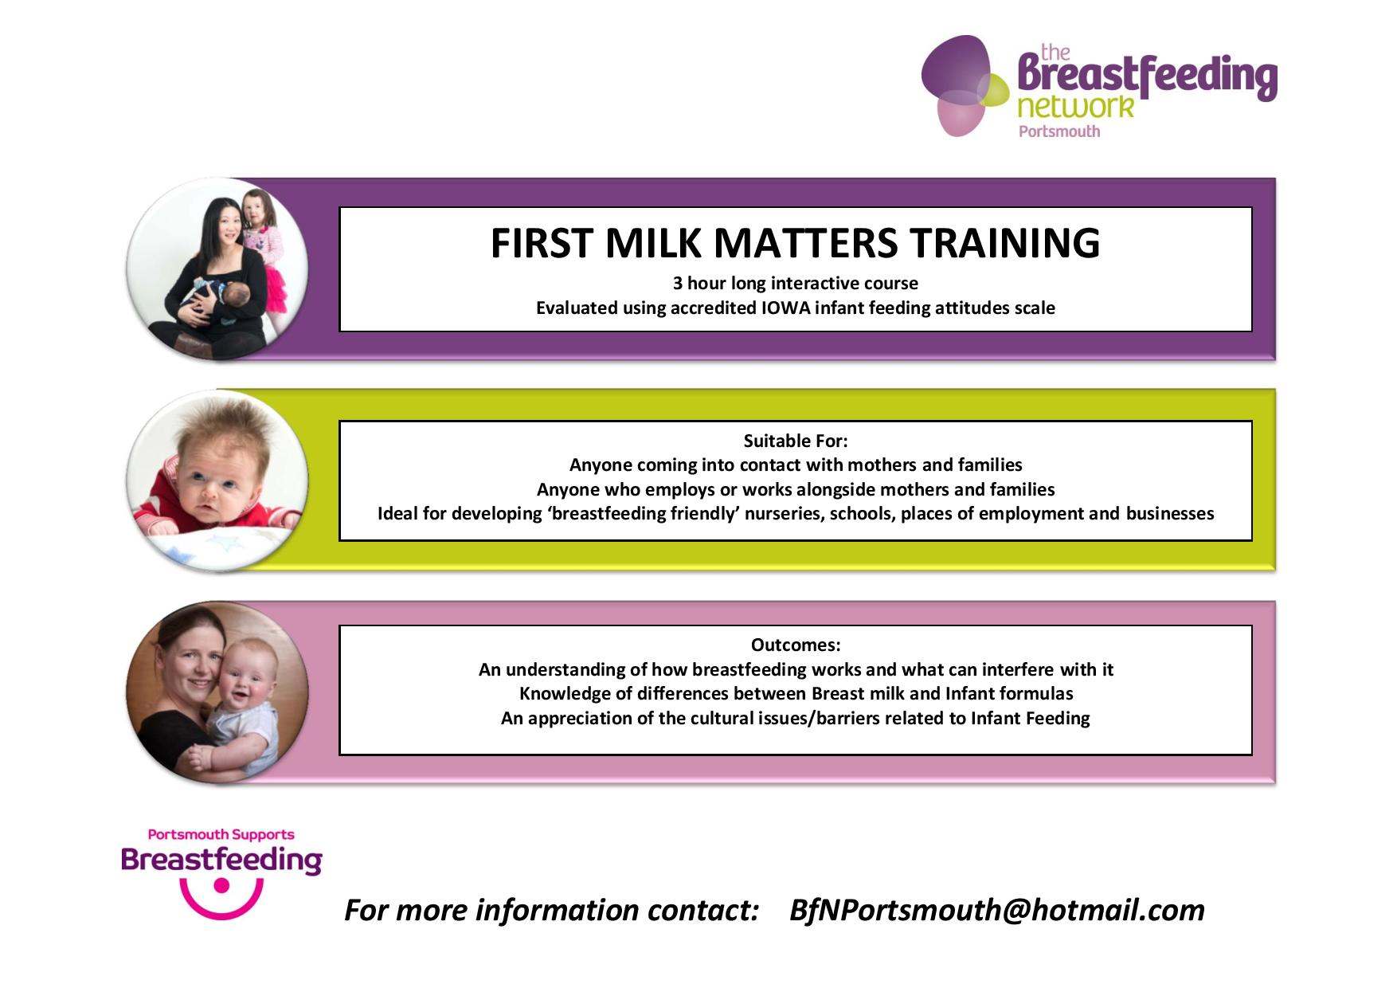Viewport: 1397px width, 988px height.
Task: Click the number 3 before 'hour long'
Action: tap(677, 284)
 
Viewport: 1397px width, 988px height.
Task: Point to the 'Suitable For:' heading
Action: tap(795, 441)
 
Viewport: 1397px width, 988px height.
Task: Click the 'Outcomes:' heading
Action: tap(795, 645)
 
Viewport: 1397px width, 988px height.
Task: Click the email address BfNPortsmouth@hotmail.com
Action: tap(996, 910)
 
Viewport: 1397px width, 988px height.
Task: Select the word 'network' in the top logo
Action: tap(1075, 107)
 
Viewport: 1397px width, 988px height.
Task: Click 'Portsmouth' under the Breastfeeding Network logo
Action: tap(1059, 131)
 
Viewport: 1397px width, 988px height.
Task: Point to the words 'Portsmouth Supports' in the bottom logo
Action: tap(221, 835)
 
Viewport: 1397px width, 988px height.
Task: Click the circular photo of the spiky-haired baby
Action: tap(217, 480)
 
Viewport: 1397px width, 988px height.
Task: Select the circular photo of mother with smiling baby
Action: tap(217, 692)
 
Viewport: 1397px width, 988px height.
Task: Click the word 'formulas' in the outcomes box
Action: tap(1036, 694)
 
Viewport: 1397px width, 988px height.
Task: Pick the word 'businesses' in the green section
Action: tap(1169, 514)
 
